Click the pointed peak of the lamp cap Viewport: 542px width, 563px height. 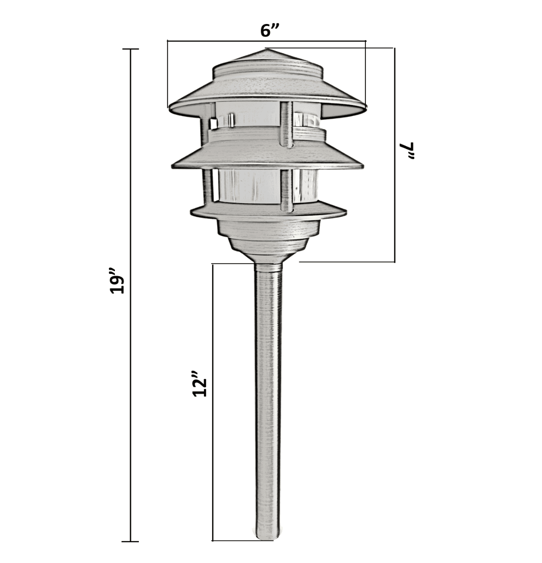tap(267, 50)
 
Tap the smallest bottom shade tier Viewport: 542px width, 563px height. tap(268, 211)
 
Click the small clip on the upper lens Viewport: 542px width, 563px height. tap(214, 123)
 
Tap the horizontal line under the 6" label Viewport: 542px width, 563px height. tap(267, 41)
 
